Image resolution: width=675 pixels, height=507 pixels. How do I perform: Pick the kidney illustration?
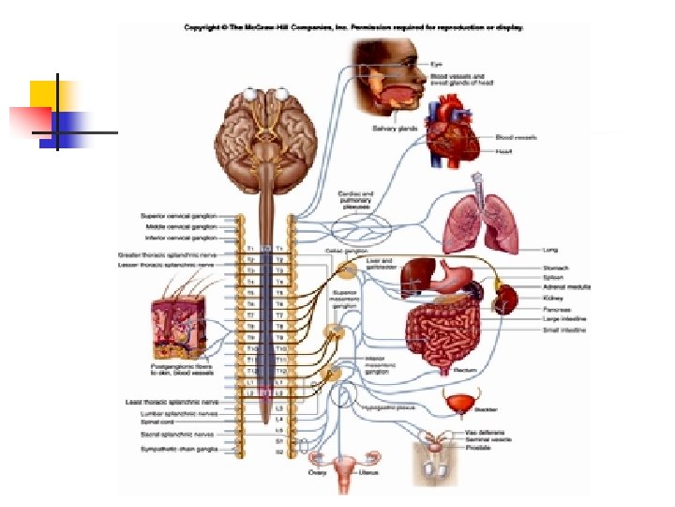pyautogui.click(x=506, y=299)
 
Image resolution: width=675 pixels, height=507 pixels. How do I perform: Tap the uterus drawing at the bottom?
pyautogui.click(x=345, y=467)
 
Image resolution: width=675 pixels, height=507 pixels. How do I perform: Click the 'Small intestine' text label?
pyautogui.click(x=565, y=330)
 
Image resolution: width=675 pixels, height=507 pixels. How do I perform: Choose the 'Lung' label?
pyautogui.click(x=550, y=250)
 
